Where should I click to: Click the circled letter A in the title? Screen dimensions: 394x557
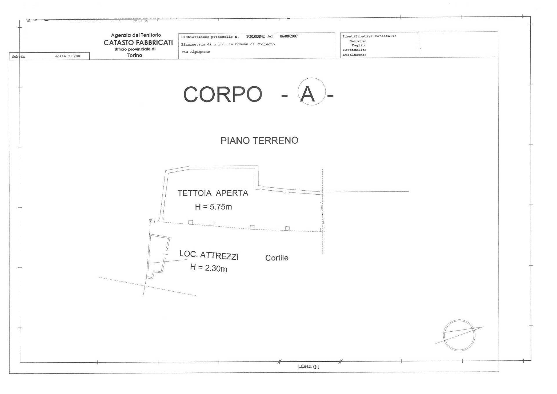point(308,94)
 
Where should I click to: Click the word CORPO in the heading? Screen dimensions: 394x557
point(223,94)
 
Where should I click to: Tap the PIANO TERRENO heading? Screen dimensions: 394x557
point(259,140)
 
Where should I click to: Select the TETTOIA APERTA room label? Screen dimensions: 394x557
point(213,193)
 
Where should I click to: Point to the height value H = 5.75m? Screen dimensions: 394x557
point(213,207)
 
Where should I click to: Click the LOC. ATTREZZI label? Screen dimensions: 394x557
point(209,255)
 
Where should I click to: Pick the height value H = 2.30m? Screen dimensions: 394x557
point(208,268)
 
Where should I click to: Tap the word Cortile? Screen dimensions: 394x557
point(277,258)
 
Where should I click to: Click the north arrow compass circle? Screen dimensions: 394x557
point(459,335)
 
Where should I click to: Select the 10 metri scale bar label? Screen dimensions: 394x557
point(308,367)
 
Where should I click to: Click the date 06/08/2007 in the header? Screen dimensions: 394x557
point(289,37)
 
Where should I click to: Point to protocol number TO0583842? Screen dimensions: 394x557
point(255,37)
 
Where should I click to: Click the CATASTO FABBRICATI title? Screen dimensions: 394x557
point(138,43)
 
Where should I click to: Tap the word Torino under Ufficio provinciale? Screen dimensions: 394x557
point(134,55)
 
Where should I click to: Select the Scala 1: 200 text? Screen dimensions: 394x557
point(67,56)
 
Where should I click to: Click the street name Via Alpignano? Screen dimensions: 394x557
point(196,52)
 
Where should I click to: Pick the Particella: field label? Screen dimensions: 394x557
point(355,50)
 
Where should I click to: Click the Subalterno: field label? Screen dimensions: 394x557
point(355,55)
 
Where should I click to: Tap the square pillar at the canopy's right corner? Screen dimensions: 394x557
point(322,230)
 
